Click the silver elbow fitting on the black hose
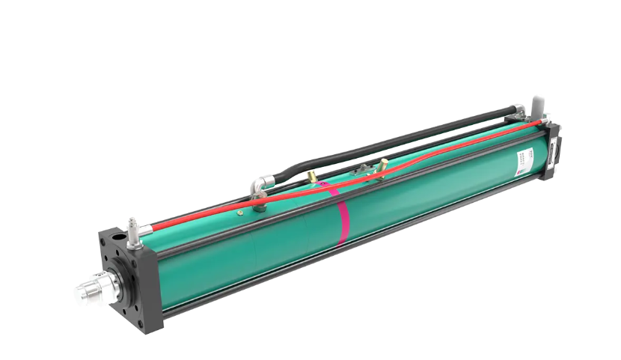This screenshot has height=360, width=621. click(x=260, y=183)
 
